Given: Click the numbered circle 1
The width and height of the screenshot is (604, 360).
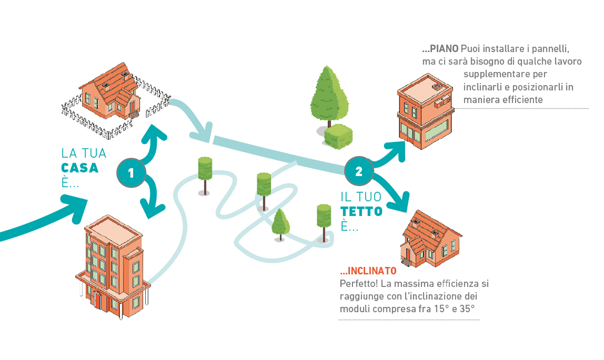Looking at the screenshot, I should click(x=130, y=173).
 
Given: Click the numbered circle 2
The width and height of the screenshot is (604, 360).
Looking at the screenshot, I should click(x=359, y=171).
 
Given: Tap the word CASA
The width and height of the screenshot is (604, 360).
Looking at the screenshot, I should click(x=80, y=168).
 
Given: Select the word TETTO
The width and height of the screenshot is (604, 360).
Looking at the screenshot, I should click(x=361, y=212).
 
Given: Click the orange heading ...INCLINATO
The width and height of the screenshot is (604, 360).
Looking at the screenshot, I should click(x=368, y=271).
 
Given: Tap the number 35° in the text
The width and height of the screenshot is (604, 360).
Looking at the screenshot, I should click(x=466, y=308).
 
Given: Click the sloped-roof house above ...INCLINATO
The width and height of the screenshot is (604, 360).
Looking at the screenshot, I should click(x=430, y=238).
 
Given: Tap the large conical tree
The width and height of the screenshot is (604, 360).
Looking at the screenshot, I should click(x=328, y=95).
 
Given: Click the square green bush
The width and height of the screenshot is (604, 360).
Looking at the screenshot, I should click(x=338, y=136).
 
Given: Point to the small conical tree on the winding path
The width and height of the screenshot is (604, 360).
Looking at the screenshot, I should click(x=280, y=223).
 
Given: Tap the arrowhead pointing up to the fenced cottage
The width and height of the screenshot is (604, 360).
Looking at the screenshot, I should click(x=154, y=132).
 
